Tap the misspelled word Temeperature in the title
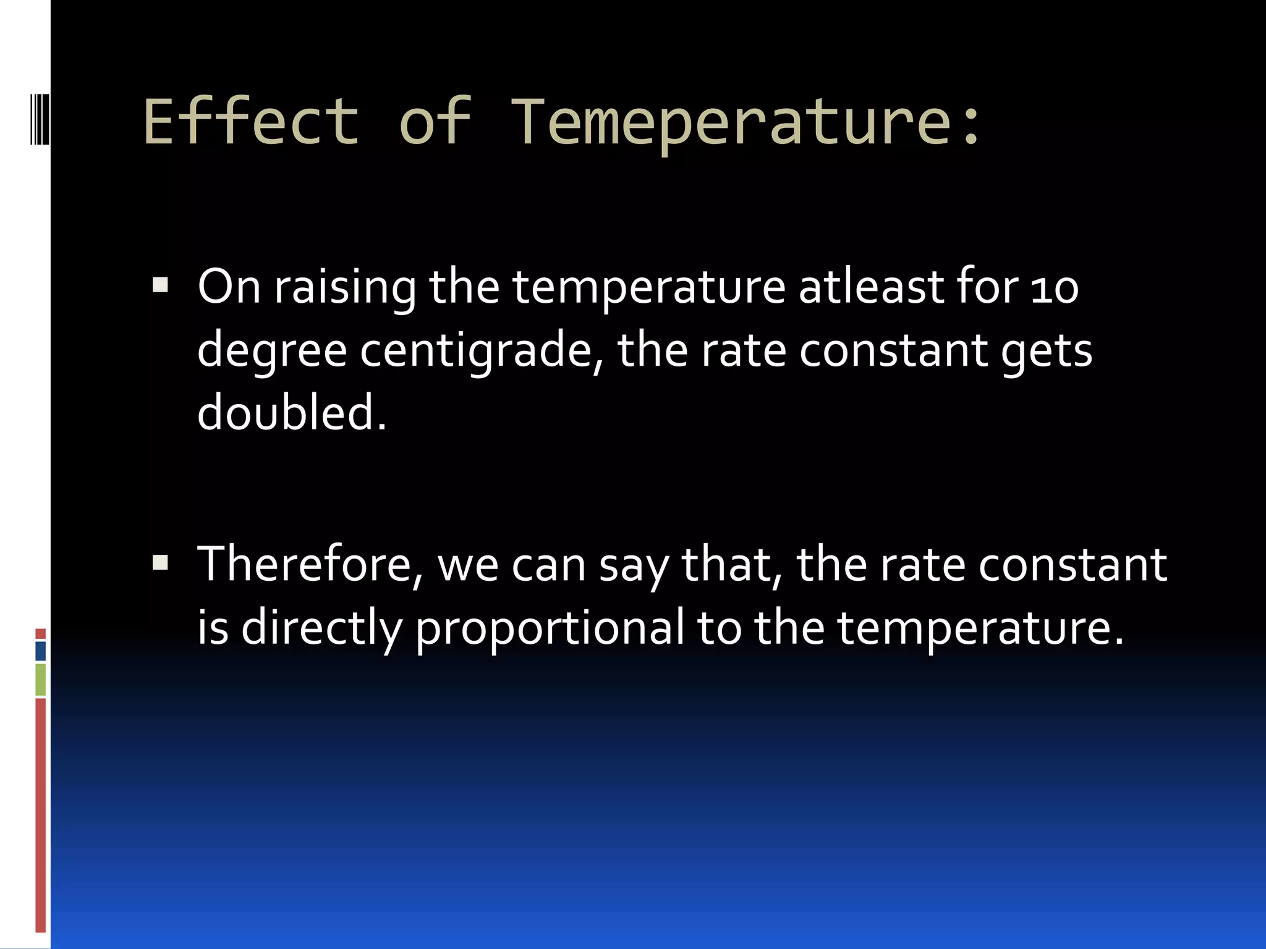(x=723, y=122)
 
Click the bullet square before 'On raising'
(x=160, y=285)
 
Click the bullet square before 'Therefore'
(x=160, y=562)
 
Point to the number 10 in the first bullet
(x=1054, y=288)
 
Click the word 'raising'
(x=345, y=288)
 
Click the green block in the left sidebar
(x=41, y=680)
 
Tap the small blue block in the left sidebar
(x=41, y=651)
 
